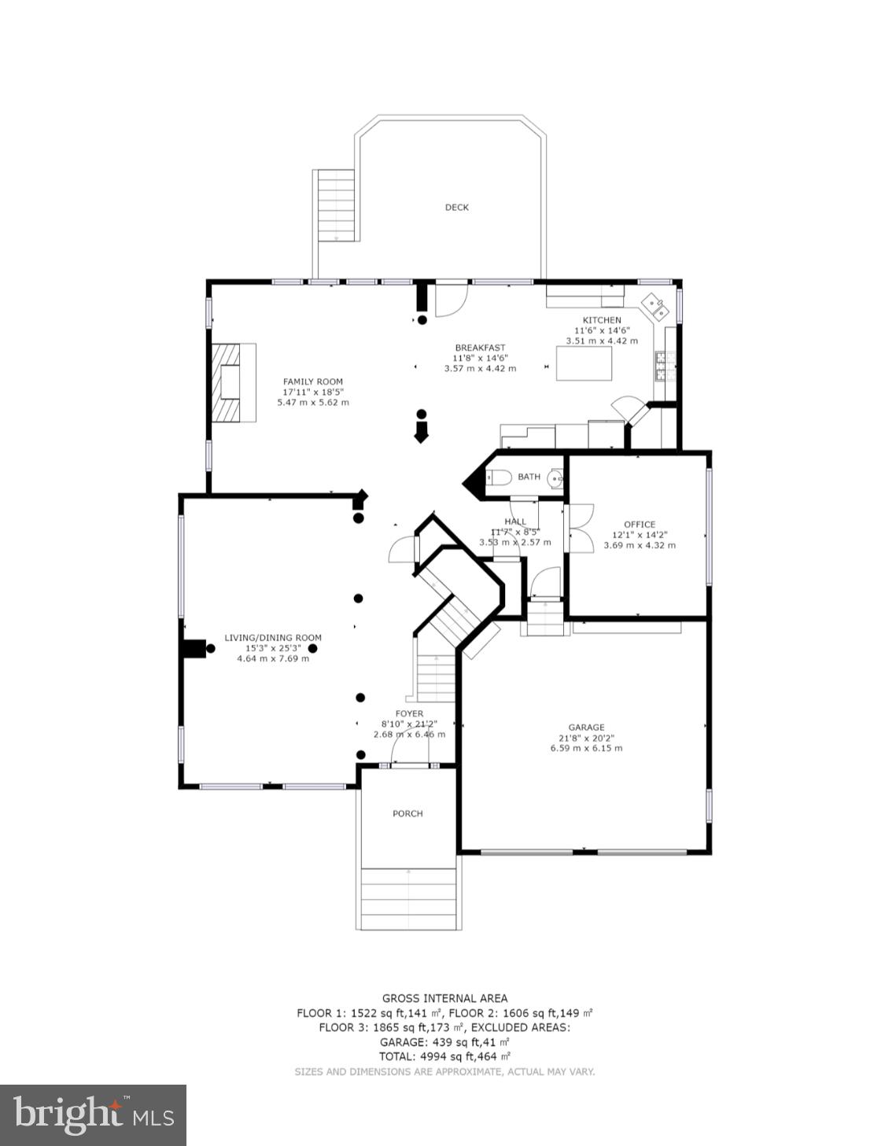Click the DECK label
456,208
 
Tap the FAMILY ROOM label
313,381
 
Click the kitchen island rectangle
584,363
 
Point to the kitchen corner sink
655,306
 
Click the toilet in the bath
499,477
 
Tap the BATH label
529,477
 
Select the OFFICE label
639,525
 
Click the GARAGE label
586,728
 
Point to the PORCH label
407,813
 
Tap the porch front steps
408,899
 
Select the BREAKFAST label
480,348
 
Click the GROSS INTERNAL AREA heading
444,998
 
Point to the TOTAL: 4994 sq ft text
444,1056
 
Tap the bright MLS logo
93,1115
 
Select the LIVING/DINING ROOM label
273,638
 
